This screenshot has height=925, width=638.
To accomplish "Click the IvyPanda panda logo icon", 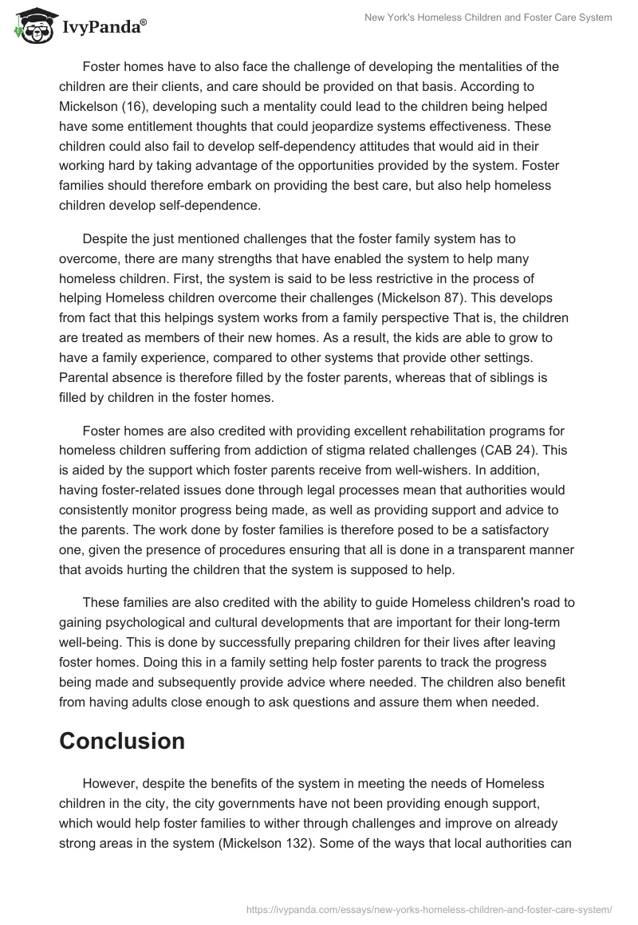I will click(x=32, y=26).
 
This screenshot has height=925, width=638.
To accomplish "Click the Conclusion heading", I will click(x=122, y=741).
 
